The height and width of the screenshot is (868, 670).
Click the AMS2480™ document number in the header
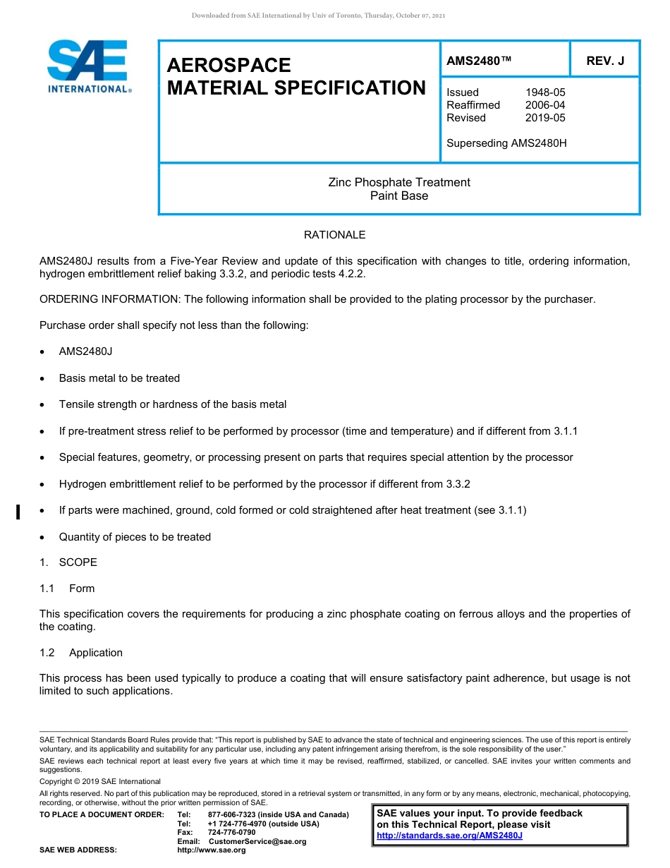(479, 61)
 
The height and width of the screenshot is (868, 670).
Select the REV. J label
(605, 61)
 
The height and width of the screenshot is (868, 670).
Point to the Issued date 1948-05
(545, 92)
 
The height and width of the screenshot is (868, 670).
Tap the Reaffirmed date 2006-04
(545, 105)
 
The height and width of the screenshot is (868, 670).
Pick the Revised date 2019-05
(545, 118)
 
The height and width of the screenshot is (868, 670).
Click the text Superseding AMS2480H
(506, 143)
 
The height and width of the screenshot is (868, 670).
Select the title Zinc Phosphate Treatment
(399, 182)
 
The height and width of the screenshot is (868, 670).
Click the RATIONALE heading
(334, 235)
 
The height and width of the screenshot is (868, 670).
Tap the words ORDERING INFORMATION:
(110, 299)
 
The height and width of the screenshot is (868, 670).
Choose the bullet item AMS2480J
(85, 351)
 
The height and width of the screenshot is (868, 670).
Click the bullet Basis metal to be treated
(119, 378)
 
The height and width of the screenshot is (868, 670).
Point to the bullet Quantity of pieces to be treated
(135, 537)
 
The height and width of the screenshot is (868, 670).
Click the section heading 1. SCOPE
(68, 562)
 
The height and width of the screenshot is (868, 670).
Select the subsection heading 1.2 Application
(81, 653)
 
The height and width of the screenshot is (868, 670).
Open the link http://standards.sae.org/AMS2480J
(449, 836)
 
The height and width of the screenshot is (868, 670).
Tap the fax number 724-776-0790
(231, 833)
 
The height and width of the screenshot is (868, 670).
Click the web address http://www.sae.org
(212, 850)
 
